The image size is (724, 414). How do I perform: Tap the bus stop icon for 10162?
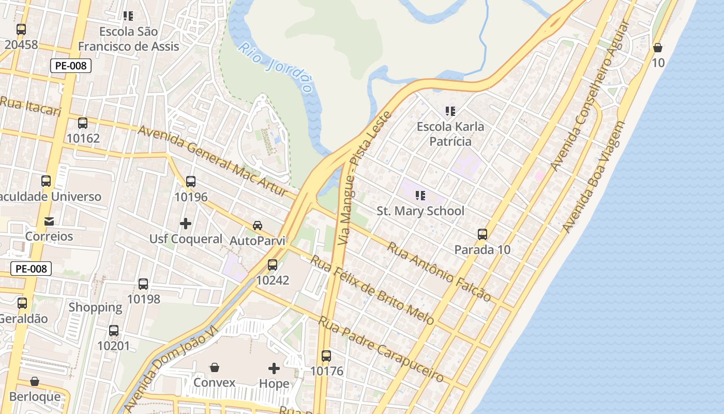pos(83,123)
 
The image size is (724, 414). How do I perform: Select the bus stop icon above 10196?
pos(191,182)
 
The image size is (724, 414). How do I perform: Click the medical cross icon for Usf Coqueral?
pos(186,224)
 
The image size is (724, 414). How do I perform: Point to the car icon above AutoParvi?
pos(258,226)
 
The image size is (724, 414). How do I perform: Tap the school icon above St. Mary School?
pos(420,196)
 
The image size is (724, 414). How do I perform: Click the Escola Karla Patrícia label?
pos(450,134)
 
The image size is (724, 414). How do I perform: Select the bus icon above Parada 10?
pos(482,234)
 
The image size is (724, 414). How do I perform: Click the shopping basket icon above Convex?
pos(214,367)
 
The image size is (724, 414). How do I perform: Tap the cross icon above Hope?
pos(274,368)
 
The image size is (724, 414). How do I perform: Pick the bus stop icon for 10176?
pos(326,356)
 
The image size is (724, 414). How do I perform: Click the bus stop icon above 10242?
pos(273,265)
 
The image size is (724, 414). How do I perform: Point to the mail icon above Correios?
pos(49,221)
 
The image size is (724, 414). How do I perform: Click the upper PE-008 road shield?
pos(71,66)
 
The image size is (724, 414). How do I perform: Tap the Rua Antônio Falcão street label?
pos(439,272)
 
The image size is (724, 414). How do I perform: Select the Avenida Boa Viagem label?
pos(594,177)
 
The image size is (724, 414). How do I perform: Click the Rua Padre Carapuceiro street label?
pos(381,349)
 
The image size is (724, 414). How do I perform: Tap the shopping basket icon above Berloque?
pos(35,382)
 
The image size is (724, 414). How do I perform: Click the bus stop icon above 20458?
pos(21,29)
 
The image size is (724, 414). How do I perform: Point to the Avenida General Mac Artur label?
pos(213,160)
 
